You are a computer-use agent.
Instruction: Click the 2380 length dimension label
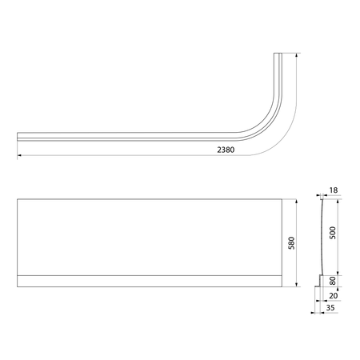tap(226, 150)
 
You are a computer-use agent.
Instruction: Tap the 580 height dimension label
tap(292, 243)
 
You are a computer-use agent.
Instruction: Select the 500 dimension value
tap(333, 233)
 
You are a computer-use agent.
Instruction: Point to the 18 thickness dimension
tap(334, 190)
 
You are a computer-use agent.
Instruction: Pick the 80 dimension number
tap(333, 281)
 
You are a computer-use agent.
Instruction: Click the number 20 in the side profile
tap(334, 295)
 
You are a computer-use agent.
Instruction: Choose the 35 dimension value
tap(330, 307)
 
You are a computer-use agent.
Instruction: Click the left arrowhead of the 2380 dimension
tap(19, 155)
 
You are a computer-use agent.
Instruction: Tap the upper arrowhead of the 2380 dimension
tap(297, 55)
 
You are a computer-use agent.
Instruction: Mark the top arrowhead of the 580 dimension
tap(297, 202)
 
